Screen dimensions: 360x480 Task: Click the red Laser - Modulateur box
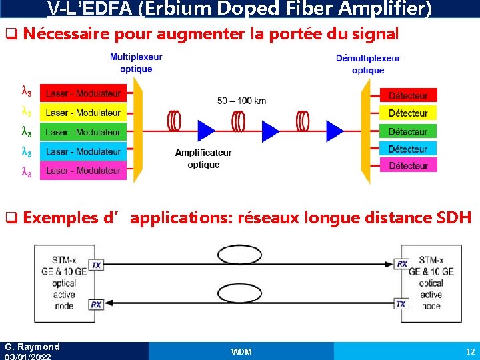pyautogui.click(x=83, y=94)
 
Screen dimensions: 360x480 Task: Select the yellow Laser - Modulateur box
pyautogui.click(x=83, y=113)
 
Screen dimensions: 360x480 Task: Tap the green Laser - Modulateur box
pyautogui.click(x=83, y=132)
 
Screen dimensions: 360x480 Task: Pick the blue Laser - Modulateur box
pyautogui.click(x=83, y=151)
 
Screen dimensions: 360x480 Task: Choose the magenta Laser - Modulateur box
pyautogui.click(x=83, y=170)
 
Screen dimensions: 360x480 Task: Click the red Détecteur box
pyautogui.click(x=408, y=96)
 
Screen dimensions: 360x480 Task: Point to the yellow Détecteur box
pyautogui.click(x=408, y=113)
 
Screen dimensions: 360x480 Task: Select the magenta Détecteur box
pyautogui.click(x=408, y=165)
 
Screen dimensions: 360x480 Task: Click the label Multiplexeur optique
pyautogui.click(x=136, y=63)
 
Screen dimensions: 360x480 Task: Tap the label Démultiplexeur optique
pyautogui.click(x=368, y=64)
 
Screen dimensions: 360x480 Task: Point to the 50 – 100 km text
pyautogui.click(x=241, y=101)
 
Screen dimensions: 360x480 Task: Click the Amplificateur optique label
pyautogui.click(x=203, y=159)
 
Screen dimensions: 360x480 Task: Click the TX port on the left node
pyautogui.click(x=97, y=265)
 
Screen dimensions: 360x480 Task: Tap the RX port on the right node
pyautogui.click(x=402, y=264)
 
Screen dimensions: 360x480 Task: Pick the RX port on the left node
pyautogui.click(x=97, y=304)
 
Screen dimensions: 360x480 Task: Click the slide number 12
pyautogui.click(x=470, y=351)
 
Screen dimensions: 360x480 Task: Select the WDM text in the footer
pyautogui.click(x=241, y=351)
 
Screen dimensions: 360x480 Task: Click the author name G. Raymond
pyautogui.click(x=32, y=347)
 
